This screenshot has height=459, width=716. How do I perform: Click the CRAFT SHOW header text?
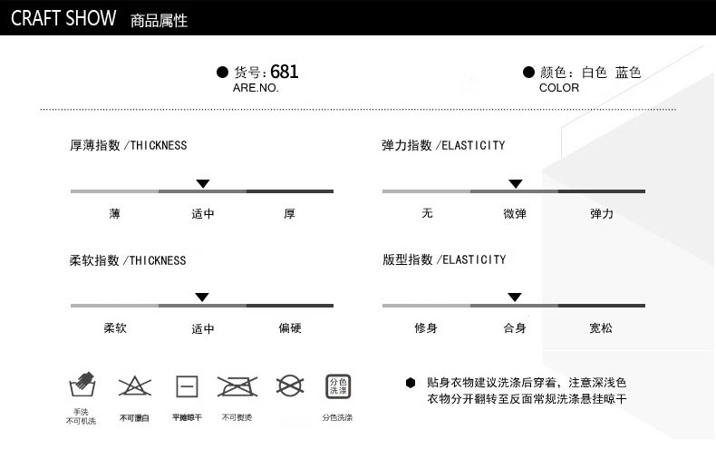(63, 18)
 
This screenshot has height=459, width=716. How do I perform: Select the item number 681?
(284, 72)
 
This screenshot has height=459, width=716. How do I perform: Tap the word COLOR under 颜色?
(558, 88)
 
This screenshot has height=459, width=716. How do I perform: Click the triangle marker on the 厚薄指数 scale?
(203, 183)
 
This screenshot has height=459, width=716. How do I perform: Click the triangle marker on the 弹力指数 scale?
(515, 183)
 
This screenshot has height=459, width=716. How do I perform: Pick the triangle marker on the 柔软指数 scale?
(202, 297)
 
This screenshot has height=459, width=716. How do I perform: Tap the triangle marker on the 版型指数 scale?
(514, 297)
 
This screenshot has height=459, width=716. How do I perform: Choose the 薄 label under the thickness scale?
(114, 214)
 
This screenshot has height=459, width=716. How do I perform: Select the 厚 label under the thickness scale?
(289, 214)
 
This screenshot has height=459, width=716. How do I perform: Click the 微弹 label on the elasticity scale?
(514, 214)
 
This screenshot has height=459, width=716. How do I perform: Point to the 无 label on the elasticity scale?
(427, 214)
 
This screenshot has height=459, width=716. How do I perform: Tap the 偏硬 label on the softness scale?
(289, 328)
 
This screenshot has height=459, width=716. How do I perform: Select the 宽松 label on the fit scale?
(600, 328)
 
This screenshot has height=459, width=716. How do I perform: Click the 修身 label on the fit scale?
(426, 328)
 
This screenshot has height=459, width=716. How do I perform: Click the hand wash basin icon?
(82, 385)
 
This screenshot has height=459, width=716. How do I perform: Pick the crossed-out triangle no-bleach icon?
(134, 386)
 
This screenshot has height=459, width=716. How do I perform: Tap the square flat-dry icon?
(187, 386)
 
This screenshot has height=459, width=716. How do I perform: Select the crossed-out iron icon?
(237, 386)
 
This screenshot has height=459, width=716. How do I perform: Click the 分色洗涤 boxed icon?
(337, 386)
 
